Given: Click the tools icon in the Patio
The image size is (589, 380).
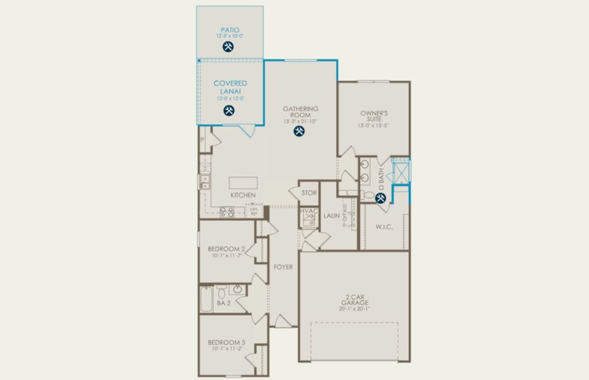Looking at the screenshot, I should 228,46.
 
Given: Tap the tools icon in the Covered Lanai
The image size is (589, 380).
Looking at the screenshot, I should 230,111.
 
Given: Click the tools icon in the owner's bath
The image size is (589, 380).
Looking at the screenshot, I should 381,198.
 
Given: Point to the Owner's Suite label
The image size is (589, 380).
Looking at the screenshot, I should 373,116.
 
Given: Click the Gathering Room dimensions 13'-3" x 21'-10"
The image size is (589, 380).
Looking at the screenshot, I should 300,121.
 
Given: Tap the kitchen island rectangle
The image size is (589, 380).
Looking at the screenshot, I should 242,182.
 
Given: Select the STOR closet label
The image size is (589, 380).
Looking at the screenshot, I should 309,193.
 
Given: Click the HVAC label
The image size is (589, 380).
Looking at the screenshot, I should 309,211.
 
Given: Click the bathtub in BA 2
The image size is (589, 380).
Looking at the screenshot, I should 207,299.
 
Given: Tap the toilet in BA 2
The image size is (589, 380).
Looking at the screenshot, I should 221,293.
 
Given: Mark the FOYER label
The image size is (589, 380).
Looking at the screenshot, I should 283,267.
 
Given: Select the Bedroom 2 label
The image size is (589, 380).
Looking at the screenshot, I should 227,248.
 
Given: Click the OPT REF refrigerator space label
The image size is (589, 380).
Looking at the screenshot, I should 254,212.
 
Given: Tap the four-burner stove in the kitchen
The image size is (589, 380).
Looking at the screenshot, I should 227,212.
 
